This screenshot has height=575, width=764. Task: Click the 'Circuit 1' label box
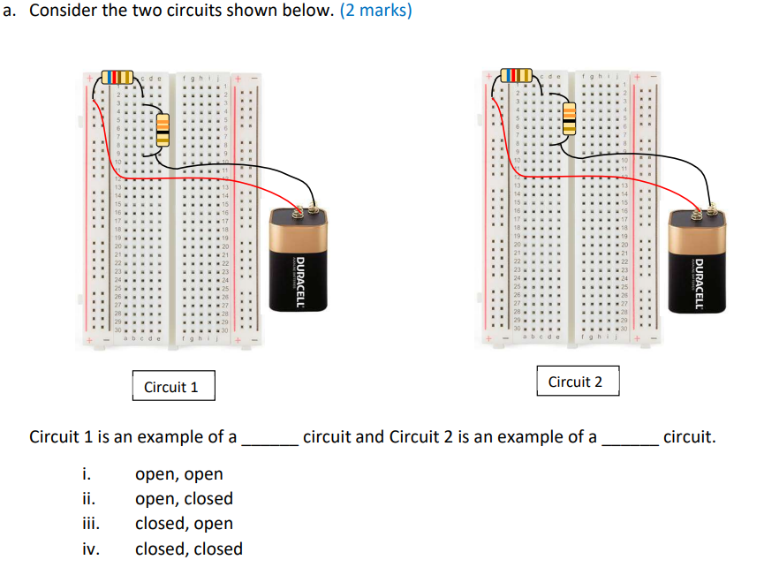click(171, 387)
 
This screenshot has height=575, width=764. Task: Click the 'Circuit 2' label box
click(575, 382)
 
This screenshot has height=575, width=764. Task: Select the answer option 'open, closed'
click(184, 499)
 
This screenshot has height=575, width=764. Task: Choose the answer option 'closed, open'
click(184, 524)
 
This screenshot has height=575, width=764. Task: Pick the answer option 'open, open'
click(178, 474)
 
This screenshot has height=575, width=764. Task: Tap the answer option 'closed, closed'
click(188, 549)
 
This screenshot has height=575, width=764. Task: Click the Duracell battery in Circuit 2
click(698, 265)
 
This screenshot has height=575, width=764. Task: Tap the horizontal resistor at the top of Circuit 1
click(117, 77)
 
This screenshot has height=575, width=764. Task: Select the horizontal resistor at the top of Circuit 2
click(517, 75)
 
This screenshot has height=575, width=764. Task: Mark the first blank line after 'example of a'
click(269, 442)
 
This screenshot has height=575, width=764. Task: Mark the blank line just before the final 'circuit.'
click(629, 442)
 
